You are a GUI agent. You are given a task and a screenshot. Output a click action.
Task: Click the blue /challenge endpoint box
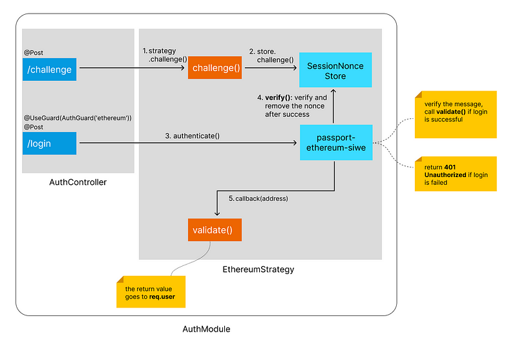tap(49, 69)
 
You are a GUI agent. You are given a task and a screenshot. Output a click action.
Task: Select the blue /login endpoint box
tap(49, 143)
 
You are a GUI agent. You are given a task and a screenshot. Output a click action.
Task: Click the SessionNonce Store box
tap(335, 71)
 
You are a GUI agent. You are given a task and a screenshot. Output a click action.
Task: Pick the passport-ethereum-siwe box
tap(335, 143)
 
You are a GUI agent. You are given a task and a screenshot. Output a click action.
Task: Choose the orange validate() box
tap(213, 229)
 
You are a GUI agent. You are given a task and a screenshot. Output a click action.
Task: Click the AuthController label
tap(78, 182)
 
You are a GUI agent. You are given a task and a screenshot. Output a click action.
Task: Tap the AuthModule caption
tap(206, 329)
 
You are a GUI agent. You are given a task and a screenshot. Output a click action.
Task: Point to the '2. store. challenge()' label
tap(272, 55)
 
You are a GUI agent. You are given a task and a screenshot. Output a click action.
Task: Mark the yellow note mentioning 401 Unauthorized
tap(456, 173)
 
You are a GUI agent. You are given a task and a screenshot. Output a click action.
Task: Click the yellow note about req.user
tap(151, 292)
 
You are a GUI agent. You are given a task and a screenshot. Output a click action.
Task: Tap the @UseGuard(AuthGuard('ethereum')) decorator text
tap(78, 118)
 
